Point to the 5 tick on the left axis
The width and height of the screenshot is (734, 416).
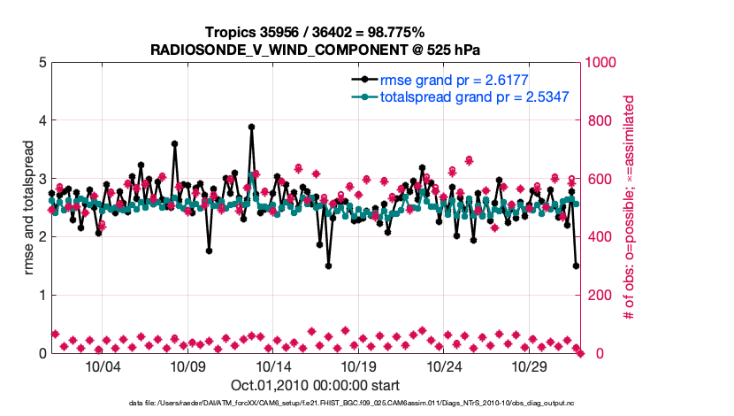click(42, 63)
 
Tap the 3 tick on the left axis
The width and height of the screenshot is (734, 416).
click(42, 179)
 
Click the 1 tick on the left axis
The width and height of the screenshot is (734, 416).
click(42, 295)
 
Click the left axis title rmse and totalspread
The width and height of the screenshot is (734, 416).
click(27, 207)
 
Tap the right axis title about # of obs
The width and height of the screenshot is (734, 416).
click(630, 207)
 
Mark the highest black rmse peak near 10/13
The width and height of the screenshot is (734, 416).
click(252, 127)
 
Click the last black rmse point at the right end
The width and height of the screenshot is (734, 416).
click(576, 266)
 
